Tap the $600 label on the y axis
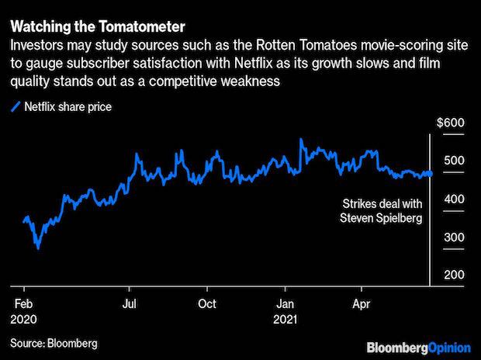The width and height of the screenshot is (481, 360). coord(450,123)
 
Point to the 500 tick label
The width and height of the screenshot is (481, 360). coord(454,161)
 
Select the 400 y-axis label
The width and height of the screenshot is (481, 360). coord(454,199)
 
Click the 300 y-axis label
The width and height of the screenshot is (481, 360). coord(454,237)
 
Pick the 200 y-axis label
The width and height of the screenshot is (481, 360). coord(454,275)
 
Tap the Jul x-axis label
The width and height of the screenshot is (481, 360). coord(130,303)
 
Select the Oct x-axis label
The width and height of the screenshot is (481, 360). coord(207,303)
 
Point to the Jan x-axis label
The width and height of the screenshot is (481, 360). coord(286,303)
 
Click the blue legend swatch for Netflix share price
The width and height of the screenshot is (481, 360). coord(16,106)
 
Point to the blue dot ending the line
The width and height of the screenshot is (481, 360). coord(428,174)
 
